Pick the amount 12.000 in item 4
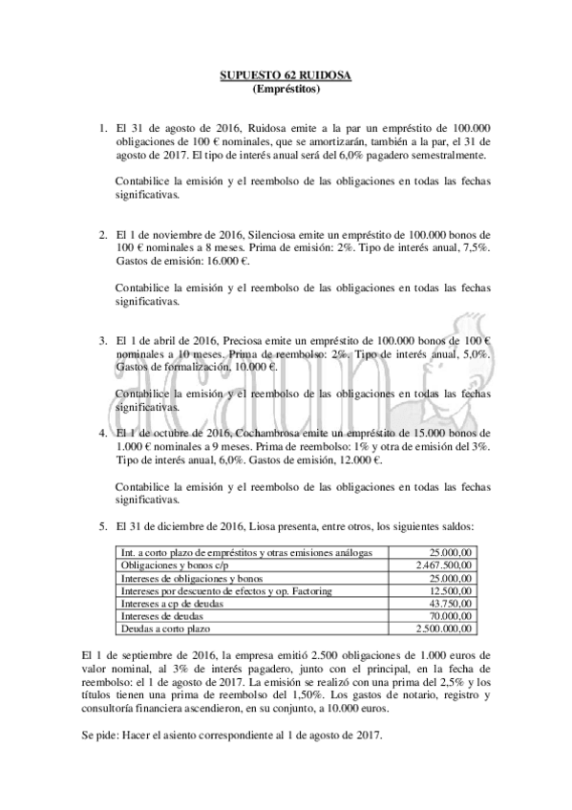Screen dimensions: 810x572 (x=353, y=458)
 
